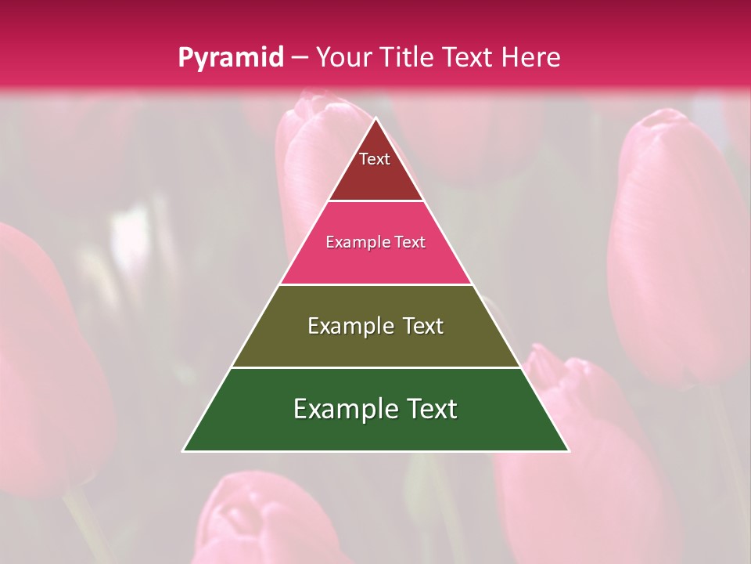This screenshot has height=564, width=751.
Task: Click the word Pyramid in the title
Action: point(230,58)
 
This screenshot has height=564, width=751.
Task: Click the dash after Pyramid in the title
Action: point(299,58)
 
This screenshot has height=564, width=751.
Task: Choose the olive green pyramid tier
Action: point(376,345)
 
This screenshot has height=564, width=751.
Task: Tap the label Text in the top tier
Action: point(375,159)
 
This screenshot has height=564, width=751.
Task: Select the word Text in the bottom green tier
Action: point(426,409)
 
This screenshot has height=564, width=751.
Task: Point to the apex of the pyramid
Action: point(376,119)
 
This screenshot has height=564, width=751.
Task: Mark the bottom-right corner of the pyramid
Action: point(568,450)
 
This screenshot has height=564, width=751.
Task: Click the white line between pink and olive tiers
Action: point(376,284)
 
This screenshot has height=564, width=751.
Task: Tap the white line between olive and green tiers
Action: point(376,367)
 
